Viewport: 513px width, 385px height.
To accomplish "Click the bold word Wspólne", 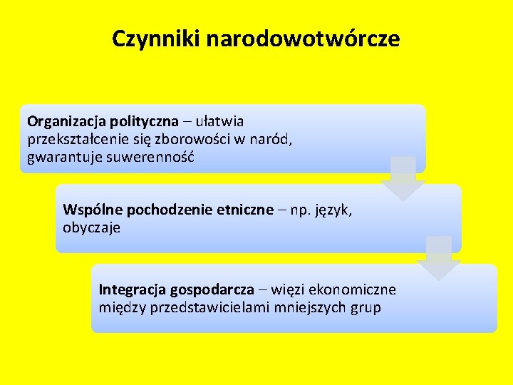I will click(89, 210).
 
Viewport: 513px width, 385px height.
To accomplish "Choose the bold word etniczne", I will click(238, 210).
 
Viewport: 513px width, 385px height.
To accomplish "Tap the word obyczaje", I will click(92, 227).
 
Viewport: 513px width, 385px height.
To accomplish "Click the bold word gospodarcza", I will click(212, 290).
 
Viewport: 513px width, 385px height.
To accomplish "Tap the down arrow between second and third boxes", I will click(438, 257).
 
